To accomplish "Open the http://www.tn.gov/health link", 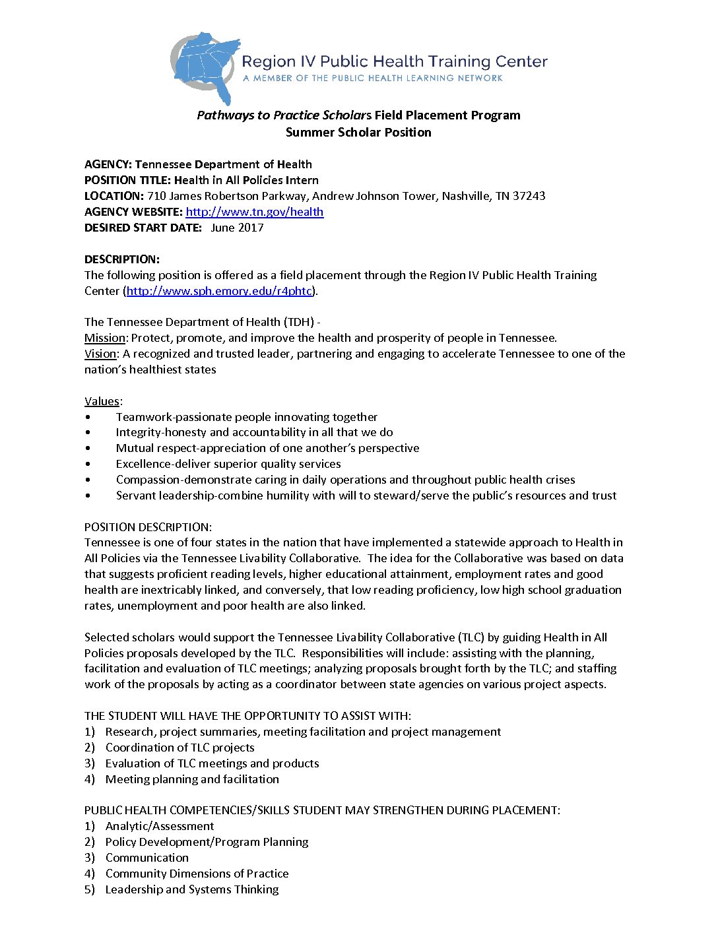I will (x=254, y=212).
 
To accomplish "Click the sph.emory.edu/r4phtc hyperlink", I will (x=219, y=291).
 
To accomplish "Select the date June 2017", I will (x=237, y=228).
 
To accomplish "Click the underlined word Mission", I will (x=104, y=338).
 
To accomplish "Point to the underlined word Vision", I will (x=100, y=354).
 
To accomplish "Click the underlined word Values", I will (x=102, y=401).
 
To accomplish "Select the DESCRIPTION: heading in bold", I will (x=122, y=259).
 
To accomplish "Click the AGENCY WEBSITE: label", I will (x=133, y=212).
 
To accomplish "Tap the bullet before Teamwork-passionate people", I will (x=88, y=418).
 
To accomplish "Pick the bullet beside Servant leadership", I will (x=88, y=496).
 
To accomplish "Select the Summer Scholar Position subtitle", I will (x=358, y=132).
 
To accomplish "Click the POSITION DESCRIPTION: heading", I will (x=148, y=527).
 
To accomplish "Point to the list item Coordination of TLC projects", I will (x=179, y=748).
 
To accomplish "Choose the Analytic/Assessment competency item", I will (x=160, y=826).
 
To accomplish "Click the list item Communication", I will (x=147, y=858).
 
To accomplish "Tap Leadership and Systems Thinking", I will (x=191, y=889).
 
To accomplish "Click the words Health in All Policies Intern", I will (x=246, y=180).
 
